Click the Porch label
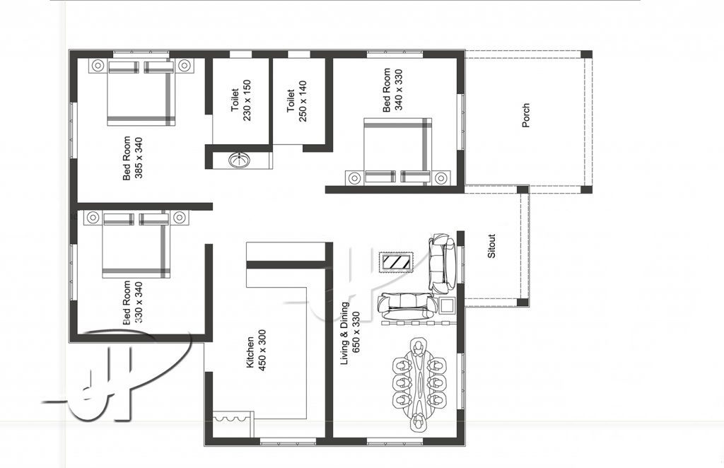coord(525,115)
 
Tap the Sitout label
coord(492,246)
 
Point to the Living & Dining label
coord(345,333)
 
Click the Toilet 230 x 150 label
coord(241,100)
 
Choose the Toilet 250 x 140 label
coord(296,101)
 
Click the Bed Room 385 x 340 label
coord(133,158)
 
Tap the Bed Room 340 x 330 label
coord(393,90)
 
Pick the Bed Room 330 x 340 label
coord(133,303)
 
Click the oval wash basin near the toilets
coord(239,160)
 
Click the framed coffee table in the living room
coord(396,262)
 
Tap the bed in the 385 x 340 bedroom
coord(141,93)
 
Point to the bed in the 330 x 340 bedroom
coord(136,245)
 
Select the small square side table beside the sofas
coord(448,305)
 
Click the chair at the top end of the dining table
coord(419,348)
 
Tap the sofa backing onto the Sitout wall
coord(442,263)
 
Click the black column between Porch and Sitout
coord(522,189)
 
